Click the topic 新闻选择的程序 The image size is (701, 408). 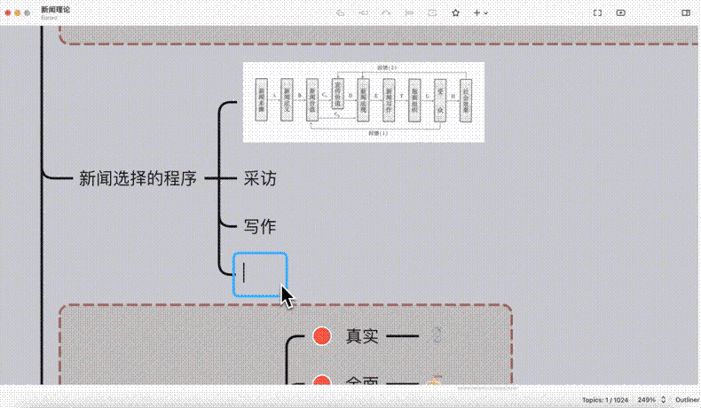(x=138, y=178)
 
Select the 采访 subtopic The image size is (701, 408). (x=260, y=178)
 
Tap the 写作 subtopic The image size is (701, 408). (x=260, y=226)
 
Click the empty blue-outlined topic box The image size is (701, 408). (x=260, y=274)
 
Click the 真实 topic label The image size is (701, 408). (x=362, y=336)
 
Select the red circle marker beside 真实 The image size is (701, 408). (x=322, y=336)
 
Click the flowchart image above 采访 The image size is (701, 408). (x=364, y=102)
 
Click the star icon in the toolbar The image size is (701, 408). (x=455, y=13)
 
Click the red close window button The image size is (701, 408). (x=9, y=13)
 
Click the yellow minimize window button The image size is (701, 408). (x=20, y=13)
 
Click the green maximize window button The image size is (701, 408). (x=30, y=13)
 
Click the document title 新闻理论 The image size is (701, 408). (x=56, y=9)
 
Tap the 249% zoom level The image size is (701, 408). (x=647, y=400)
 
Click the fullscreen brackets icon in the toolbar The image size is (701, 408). (x=597, y=13)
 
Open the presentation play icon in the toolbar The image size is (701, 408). (x=620, y=13)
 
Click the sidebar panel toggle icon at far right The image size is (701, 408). (x=686, y=13)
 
